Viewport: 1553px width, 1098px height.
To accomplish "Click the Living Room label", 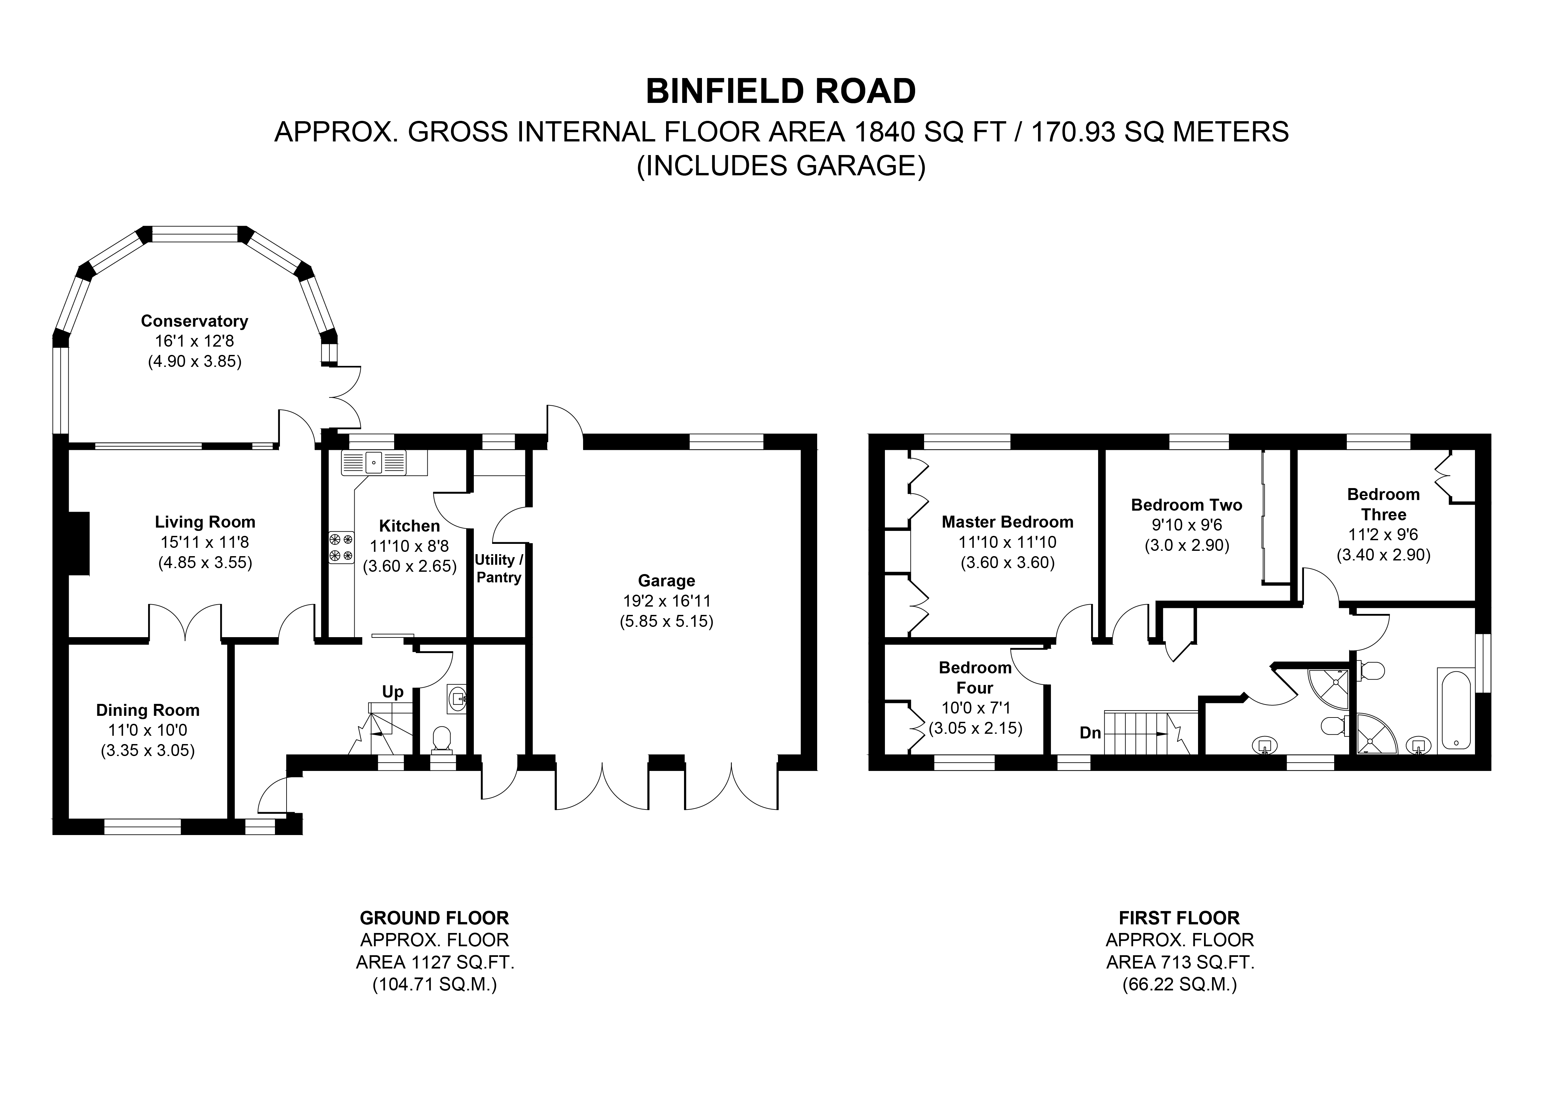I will click(x=205, y=522).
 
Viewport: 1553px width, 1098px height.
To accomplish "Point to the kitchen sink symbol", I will click(x=374, y=463).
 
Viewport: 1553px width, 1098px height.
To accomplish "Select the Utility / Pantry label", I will click(x=498, y=568).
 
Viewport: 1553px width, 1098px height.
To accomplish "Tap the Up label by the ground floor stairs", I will click(x=392, y=691).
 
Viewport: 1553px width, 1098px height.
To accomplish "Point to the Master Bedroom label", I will click(x=1007, y=522).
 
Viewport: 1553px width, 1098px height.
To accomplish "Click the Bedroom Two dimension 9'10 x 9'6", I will click(x=1186, y=525).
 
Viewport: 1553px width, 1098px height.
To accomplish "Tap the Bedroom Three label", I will click(x=1383, y=504).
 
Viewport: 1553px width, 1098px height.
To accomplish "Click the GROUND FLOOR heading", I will click(x=434, y=918).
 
